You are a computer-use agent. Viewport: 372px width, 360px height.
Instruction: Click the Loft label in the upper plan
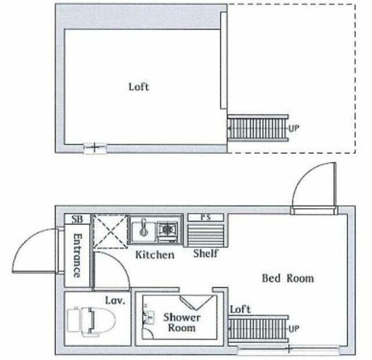(x=139, y=87)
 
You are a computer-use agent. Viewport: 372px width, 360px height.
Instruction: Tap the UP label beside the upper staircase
(x=294, y=128)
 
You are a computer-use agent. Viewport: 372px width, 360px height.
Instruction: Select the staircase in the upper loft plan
(x=257, y=128)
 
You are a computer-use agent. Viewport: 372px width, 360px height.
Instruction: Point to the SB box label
(x=77, y=219)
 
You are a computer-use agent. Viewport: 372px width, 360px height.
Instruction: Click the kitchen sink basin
(x=141, y=231)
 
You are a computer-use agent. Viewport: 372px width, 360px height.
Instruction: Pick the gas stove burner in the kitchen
(x=169, y=230)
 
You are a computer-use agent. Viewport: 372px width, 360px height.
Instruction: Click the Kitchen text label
(x=154, y=255)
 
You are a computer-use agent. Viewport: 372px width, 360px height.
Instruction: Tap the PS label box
(x=204, y=218)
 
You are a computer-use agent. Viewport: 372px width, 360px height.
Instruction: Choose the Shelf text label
(x=205, y=254)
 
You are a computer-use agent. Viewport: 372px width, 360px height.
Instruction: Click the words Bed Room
(x=288, y=279)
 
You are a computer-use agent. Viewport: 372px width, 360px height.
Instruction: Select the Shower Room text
(x=181, y=323)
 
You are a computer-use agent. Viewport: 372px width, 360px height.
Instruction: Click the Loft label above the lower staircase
(x=240, y=309)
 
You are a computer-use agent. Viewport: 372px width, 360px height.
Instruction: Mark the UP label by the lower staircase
(x=294, y=329)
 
